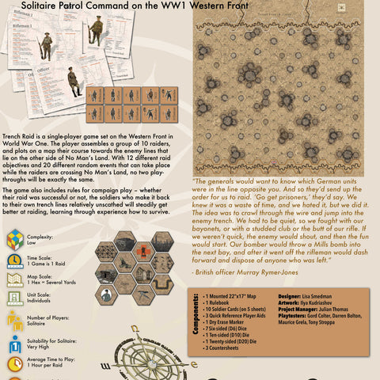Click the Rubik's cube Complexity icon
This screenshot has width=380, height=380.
[14, 238]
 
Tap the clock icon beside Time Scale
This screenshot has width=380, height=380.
[14, 260]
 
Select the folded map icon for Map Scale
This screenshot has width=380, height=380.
[14, 280]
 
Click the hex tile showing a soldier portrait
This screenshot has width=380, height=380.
[106, 294]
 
